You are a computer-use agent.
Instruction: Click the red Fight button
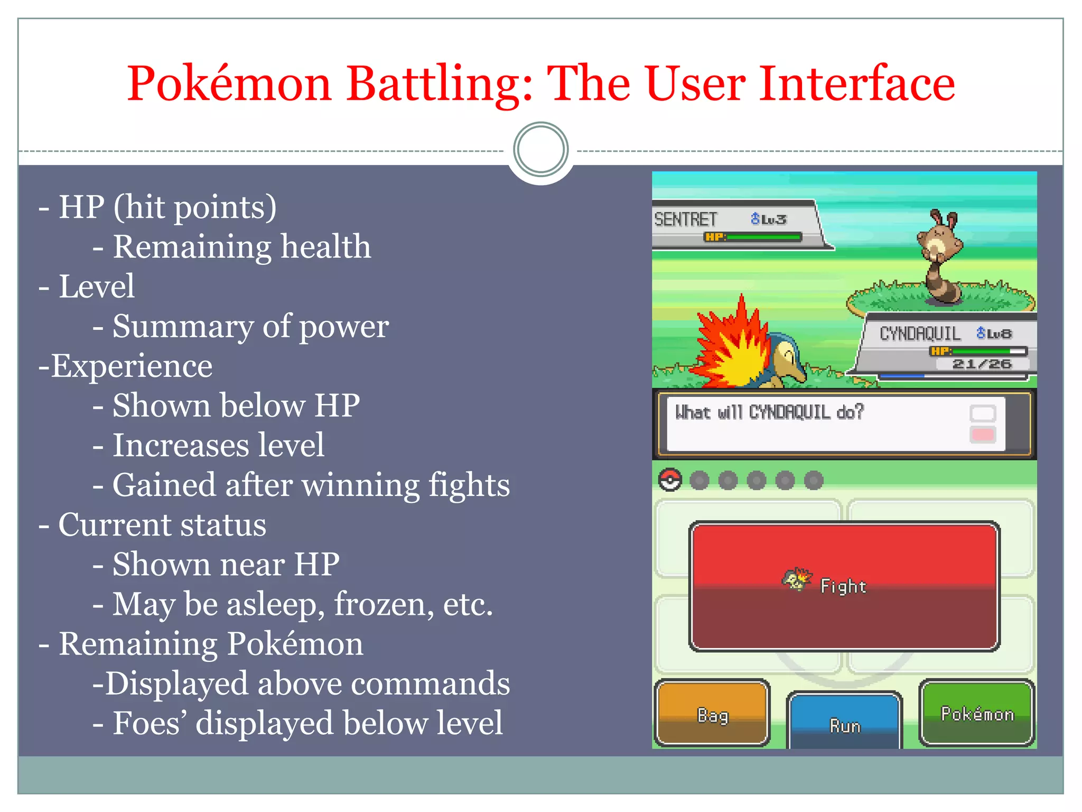(844, 586)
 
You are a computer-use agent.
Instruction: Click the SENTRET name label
(685, 219)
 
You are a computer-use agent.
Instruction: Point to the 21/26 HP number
(982, 364)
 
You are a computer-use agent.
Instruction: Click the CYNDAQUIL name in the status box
(920, 334)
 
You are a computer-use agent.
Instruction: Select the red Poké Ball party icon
(670, 480)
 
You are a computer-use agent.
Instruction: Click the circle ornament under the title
(540, 150)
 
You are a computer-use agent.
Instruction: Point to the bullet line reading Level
(96, 287)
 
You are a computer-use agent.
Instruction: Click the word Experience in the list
(132, 366)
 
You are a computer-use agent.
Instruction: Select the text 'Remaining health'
(242, 247)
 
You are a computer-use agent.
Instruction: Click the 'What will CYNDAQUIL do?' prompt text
(769, 412)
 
